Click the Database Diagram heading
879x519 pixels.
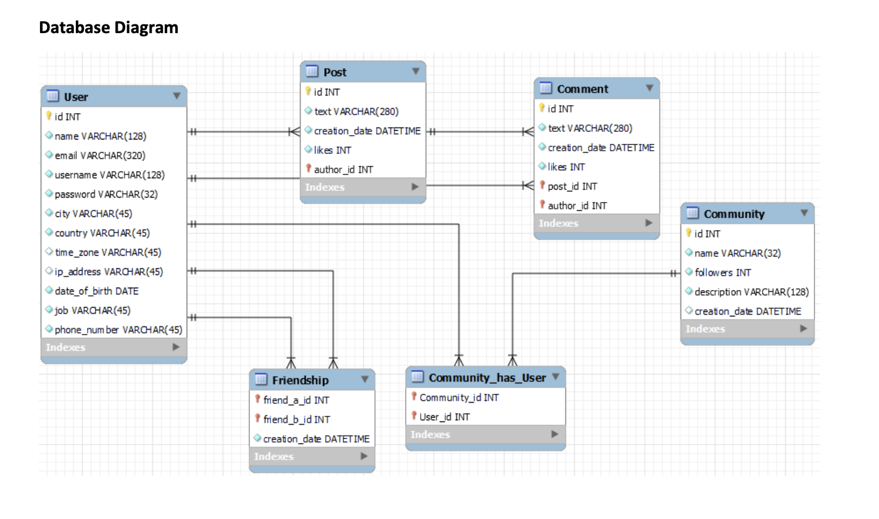(x=108, y=28)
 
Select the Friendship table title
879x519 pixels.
(x=300, y=380)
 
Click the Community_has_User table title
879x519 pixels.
(x=487, y=378)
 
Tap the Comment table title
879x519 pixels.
(x=582, y=89)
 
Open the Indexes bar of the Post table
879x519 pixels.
(x=362, y=187)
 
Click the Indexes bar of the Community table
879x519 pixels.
(x=746, y=329)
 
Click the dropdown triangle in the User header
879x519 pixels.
(x=177, y=96)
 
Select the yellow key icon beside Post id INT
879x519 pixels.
(x=307, y=92)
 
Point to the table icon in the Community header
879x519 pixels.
(x=692, y=213)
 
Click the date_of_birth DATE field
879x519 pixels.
(x=96, y=291)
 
